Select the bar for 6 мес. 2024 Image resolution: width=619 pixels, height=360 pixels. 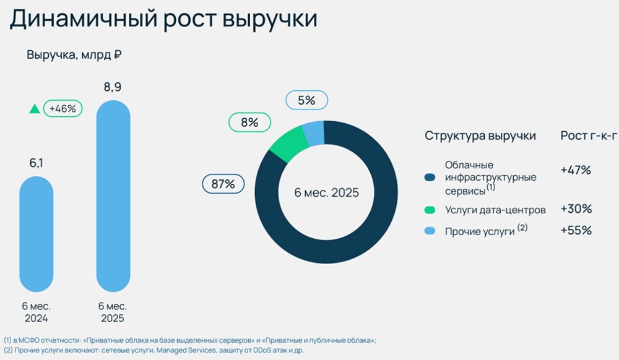[x=36, y=235]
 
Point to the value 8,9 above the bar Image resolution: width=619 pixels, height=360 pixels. [x=113, y=87]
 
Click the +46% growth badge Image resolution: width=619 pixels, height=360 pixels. [x=63, y=109]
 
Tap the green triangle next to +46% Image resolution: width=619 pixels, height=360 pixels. [x=35, y=109]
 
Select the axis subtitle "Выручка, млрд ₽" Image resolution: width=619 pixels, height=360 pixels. [x=74, y=55]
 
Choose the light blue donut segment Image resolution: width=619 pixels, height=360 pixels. [x=313, y=132]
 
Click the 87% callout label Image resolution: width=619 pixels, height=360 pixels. [x=223, y=184]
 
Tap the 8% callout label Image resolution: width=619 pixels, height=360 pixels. [x=249, y=122]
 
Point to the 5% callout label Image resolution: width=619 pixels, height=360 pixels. [x=306, y=100]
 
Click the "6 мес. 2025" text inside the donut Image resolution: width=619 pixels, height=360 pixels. [x=326, y=192]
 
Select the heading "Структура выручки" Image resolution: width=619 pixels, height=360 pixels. [x=480, y=136]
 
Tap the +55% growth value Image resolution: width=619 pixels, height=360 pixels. [x=576, y=231]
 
